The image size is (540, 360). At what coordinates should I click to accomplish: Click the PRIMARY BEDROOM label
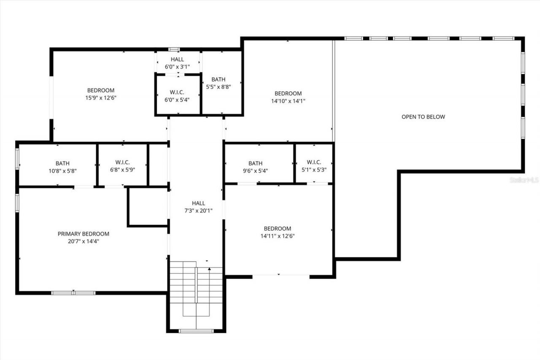83,234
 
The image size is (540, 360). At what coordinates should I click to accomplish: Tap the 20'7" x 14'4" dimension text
83,241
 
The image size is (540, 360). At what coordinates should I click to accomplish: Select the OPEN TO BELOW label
423,117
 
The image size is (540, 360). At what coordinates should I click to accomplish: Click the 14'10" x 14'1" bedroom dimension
288,101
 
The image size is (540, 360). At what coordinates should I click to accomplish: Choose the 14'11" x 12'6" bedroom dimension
277,236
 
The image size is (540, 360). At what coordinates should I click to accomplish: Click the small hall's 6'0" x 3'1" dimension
177,67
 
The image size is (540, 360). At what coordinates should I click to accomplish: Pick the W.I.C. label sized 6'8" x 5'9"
122,162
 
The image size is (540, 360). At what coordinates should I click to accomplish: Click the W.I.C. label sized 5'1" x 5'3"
314,162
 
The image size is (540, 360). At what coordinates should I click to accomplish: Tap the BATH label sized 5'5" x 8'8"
218,79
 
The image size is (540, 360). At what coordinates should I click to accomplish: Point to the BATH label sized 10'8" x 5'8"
62,163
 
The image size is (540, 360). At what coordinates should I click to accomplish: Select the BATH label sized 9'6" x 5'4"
255,163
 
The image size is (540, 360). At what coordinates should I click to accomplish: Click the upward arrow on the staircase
209,268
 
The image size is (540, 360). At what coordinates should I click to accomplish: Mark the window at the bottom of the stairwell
196,331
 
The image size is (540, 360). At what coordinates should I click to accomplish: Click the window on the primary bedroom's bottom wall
73,292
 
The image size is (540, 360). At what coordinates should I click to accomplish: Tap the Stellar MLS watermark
524,180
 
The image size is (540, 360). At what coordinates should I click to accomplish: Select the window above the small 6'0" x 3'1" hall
174,49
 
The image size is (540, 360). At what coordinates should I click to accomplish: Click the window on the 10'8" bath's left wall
17,158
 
